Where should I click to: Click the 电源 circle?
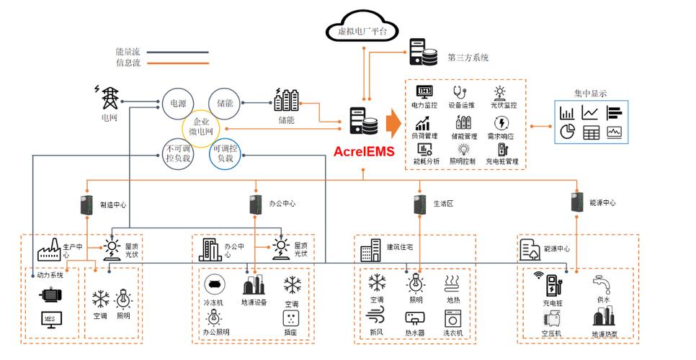[x=178, y=104]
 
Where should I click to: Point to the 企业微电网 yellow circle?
[x=201, y=127]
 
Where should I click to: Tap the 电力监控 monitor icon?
[x=424, y=92]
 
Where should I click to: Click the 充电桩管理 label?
[x=503, y=162]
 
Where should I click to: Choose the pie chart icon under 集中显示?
[x=567, y=132]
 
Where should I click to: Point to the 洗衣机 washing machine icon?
[x=453, y=318]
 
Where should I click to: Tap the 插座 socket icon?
[x=290, y=318]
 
